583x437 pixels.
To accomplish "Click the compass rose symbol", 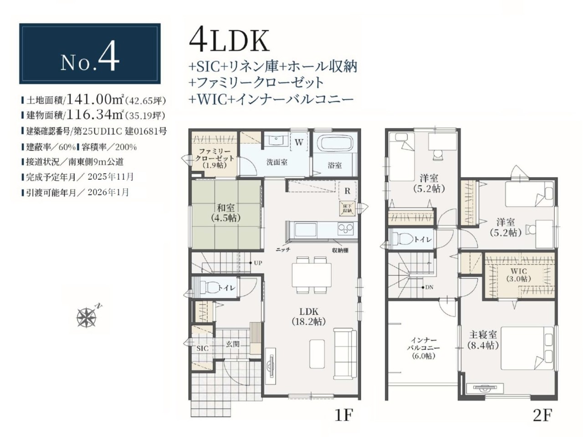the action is pyautogui.click(x=87, y=317).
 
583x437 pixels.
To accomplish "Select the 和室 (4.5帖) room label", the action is pyautogui.click(x=226, y=212).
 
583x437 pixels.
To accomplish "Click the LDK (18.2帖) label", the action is pyautogui.click(x=309, y=316).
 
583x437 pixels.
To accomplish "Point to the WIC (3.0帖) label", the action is pyautogui.click(x=518, y=275).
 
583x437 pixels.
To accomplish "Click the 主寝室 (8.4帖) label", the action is pyautogui.click(x=483, y=340).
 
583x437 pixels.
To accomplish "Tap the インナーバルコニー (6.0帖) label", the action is pyautogui.click(x=424, y=348).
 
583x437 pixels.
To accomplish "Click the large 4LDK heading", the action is pyautogui.click(x=229, y=41).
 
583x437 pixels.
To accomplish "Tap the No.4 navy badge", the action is pyautogui.click(x=90, y=54).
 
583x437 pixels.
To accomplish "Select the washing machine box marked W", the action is pyautogui.click(x=299, y=142).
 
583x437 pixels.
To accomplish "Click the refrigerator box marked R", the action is pyautogui.click(x=347, y=191).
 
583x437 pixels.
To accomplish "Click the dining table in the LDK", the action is pyautogui.click(x=312, y=274).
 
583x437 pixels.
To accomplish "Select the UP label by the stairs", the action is pyautogui.click(x=258, y=263).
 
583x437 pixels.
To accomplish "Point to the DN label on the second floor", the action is pyautogui.click(x=429, y=287).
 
